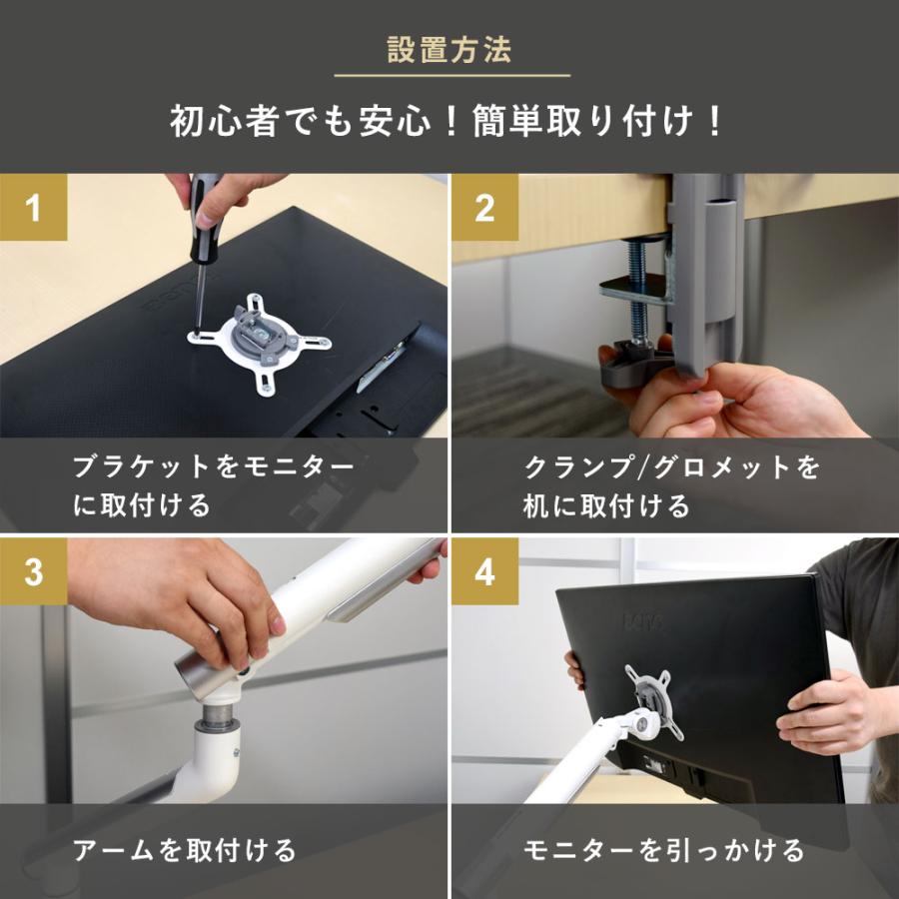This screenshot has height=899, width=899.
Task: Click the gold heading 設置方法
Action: click(x=449, y=49)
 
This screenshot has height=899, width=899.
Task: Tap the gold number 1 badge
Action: click(x=33, y=207)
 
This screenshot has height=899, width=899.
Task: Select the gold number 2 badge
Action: click(x=484, y=207)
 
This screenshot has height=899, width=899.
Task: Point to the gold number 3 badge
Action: click(x=33, y=571)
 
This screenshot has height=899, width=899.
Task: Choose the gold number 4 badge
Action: click(x=484, y=571)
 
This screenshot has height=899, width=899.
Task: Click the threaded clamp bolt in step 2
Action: click(x=638, y=292)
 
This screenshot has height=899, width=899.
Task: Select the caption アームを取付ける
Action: click(x=184, y=850)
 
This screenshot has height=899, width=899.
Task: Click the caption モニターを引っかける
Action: click(x=664, y=850)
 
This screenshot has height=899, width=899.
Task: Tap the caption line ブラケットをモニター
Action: click(x=214, y=466)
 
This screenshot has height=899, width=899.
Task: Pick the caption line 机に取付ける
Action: click(x=606, y=505)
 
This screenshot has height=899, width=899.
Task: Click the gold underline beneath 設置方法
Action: click(x=452, y=75)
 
